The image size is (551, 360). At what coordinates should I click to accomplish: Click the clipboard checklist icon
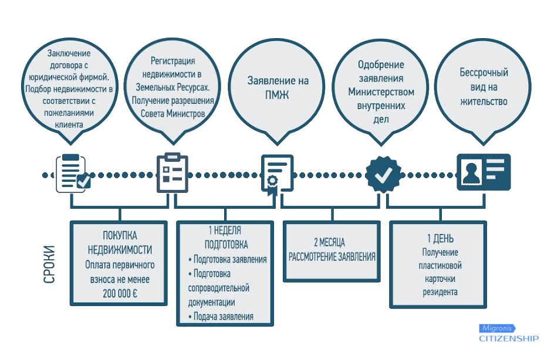tap(172, 172)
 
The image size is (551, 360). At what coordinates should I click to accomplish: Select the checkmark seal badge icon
tap(383, 175)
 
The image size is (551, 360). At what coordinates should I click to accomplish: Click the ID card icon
tap(484, 172)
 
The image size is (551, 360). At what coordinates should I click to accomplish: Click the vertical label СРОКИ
tap(49, 264)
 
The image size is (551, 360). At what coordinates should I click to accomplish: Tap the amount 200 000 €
tap(120, 293)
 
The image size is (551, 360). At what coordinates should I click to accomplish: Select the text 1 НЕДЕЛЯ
tap(225, 230)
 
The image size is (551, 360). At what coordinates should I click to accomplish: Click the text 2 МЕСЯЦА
tap(329, 242)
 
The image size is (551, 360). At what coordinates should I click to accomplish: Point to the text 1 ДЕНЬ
tap(440, 239)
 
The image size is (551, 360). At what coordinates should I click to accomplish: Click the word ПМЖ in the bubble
tap(277, 95)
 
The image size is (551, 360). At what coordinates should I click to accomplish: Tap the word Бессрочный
tap(484, 72)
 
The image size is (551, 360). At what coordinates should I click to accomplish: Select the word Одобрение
tap(381, 64)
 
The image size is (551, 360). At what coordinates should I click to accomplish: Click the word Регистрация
tap(173, 61)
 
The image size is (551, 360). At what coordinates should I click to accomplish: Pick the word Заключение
tap(69, 53)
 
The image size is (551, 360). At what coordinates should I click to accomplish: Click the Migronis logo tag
tap(497, 328)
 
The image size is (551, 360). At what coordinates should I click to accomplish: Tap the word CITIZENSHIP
tap(509, 338)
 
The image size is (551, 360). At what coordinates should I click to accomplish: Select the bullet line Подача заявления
tap(221, 317)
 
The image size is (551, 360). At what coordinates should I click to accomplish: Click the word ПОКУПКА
tap(120, 235)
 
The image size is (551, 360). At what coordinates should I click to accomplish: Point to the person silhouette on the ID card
tap(471, 173)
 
